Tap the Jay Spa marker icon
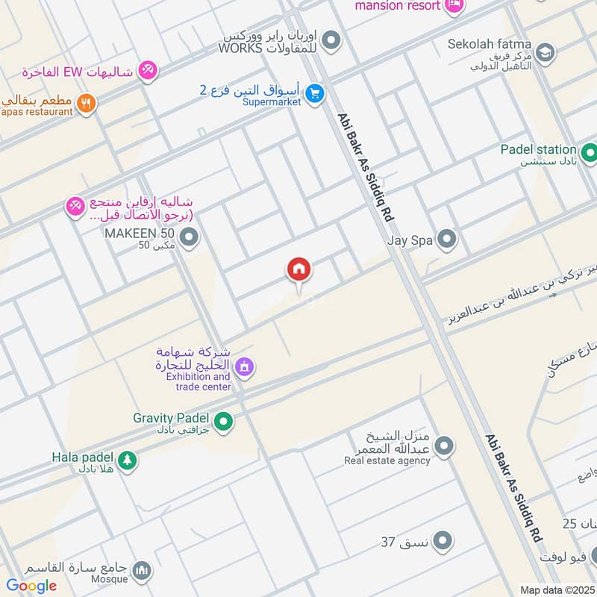click(446, 240)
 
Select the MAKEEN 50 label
click(140, 234)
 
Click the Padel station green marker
click(590, 154)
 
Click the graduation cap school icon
click(546, 52)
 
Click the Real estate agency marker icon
click(444, 447)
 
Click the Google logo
click(31, 586)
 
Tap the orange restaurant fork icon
click(87, 104)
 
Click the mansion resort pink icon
click(453, 5)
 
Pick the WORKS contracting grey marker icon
click(331, 41)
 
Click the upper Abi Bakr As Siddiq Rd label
click(365, 166)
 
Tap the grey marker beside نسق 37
click(443, 540)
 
